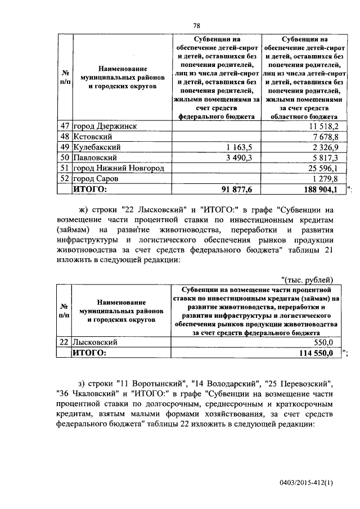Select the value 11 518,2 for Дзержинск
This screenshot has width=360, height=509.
coord(322,126)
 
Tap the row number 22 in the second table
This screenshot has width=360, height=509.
coord(64,342)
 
